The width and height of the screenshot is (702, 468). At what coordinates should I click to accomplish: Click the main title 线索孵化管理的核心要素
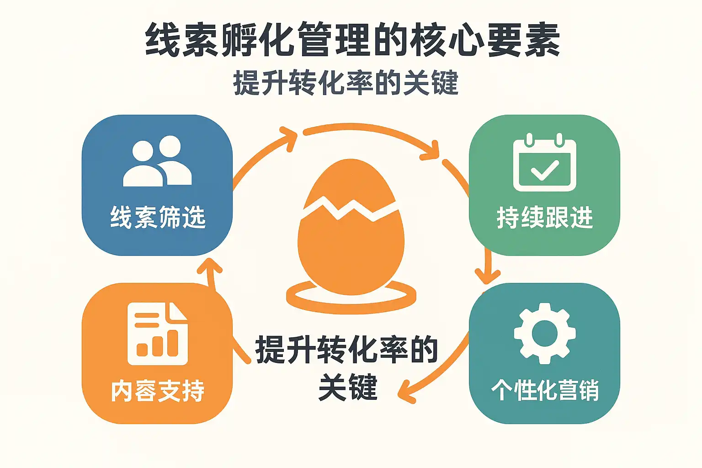pos(352,40)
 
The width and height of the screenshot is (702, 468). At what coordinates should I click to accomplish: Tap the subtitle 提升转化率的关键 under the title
pos(346,83)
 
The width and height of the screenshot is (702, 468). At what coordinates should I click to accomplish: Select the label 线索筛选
pos(158,217)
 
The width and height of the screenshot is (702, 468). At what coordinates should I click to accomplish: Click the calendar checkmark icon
pos(544,163)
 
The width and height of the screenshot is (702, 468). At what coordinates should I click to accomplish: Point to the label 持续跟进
pos(544,217)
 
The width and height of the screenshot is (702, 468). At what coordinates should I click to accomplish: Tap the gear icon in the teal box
pos(544,333)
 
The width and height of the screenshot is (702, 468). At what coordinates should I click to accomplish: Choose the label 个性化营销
pos(545,390)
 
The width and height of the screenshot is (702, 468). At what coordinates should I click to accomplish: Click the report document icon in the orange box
pos(157,334)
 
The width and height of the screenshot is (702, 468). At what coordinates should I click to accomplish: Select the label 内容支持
pos(158,391)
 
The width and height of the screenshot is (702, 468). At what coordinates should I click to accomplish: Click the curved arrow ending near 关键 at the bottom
pos(434,370)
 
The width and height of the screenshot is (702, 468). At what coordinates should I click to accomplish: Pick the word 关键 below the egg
pos(348,388)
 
